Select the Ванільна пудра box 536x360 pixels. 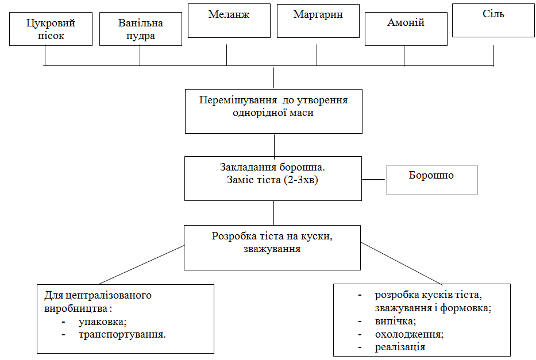(140, 29)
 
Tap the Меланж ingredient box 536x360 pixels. (229, 21)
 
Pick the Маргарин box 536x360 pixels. (318, 21)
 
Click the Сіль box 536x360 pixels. (493, 21)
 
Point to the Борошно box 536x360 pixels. (431, 180)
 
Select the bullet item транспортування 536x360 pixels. (122, 334)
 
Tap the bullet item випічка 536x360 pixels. (395, 321)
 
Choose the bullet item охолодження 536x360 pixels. (409, 334)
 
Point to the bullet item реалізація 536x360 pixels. (400, 347)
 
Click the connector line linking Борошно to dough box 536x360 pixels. (373, 179)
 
